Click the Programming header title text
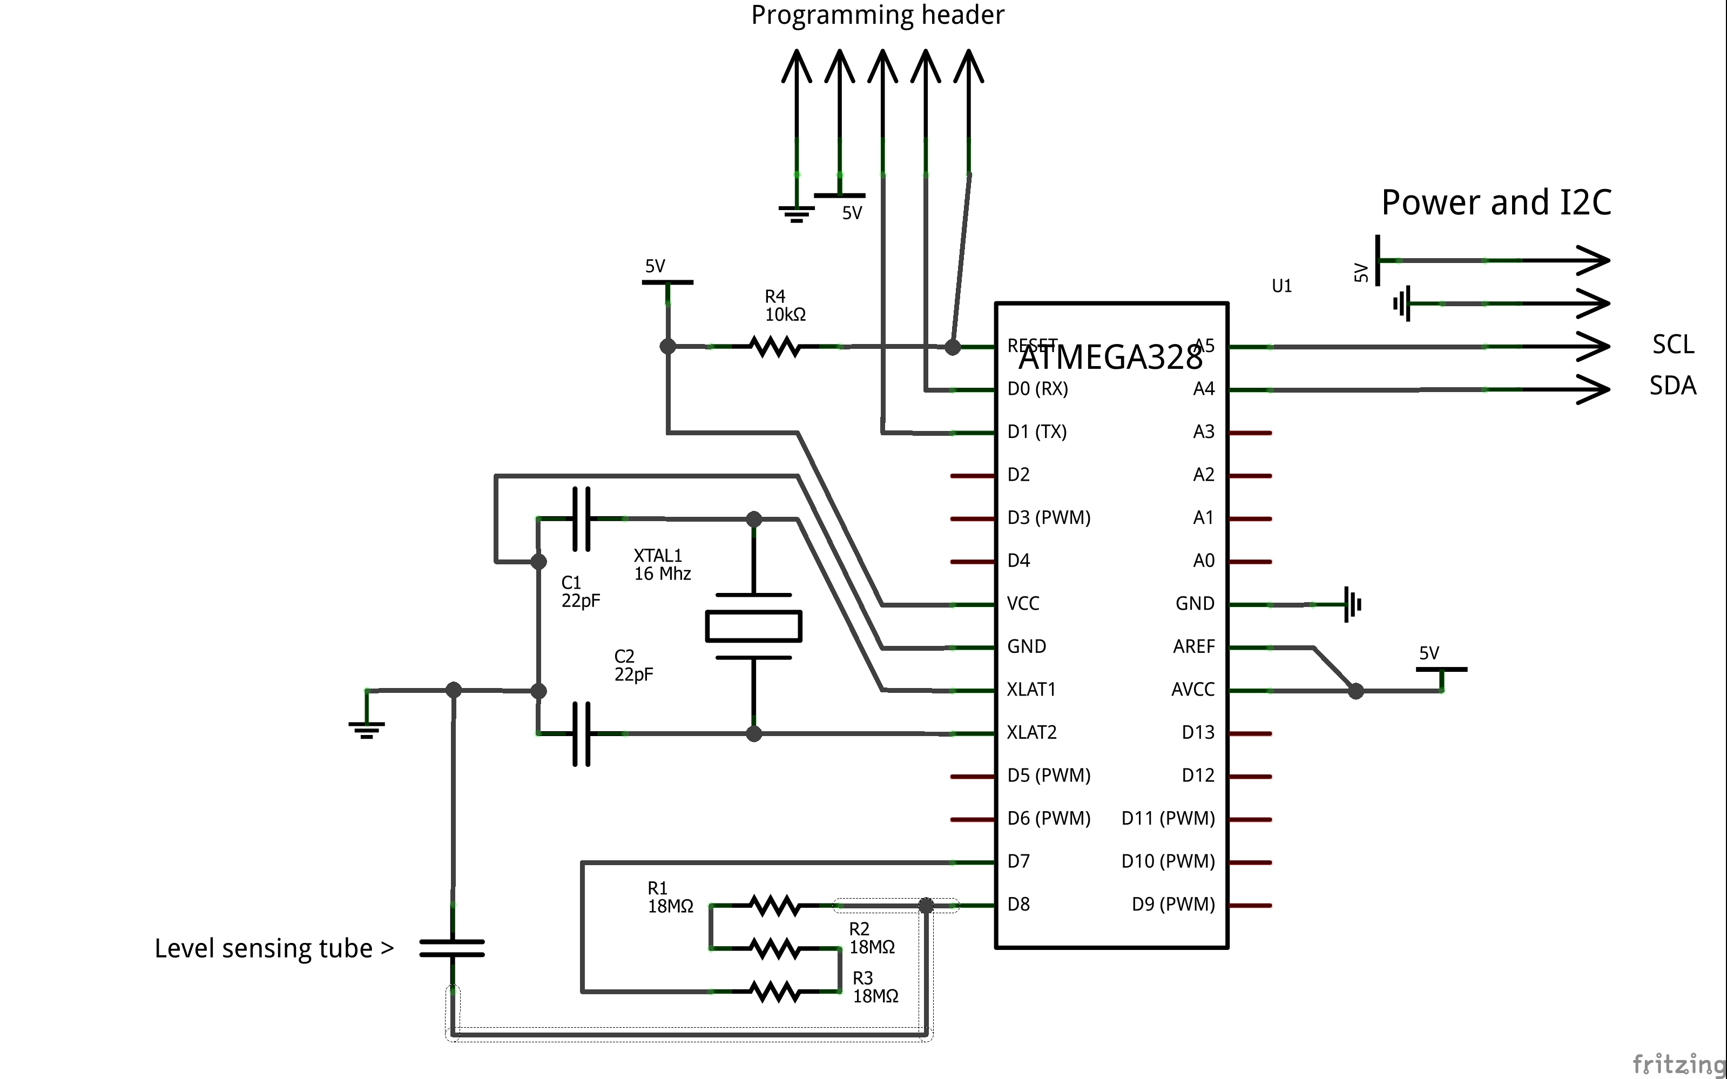[877, 15]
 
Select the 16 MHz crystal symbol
[753, 626]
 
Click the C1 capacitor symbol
[582, 519]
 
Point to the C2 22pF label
[633, 665]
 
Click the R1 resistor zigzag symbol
[774, 906]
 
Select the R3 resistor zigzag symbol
[774, 991]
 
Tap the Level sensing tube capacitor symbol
[453, 948]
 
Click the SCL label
[1673, 345]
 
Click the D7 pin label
[1018, 861]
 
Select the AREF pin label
[1193, 646]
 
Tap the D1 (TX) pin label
[1036, 431]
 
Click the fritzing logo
[1678, 1063]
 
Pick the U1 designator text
[1281, 286]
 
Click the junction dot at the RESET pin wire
[952, 348]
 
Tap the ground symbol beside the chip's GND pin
[1352, 604]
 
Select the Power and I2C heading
[1496, 203]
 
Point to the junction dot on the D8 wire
[926, 906]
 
